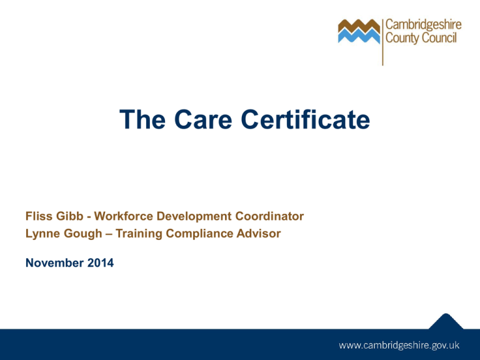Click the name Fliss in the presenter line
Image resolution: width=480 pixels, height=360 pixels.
click(38, 216)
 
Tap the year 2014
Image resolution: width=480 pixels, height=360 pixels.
click(100, 264)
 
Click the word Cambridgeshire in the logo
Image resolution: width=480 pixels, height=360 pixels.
click(424, 25)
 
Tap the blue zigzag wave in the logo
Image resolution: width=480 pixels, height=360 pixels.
click(358, 37)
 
